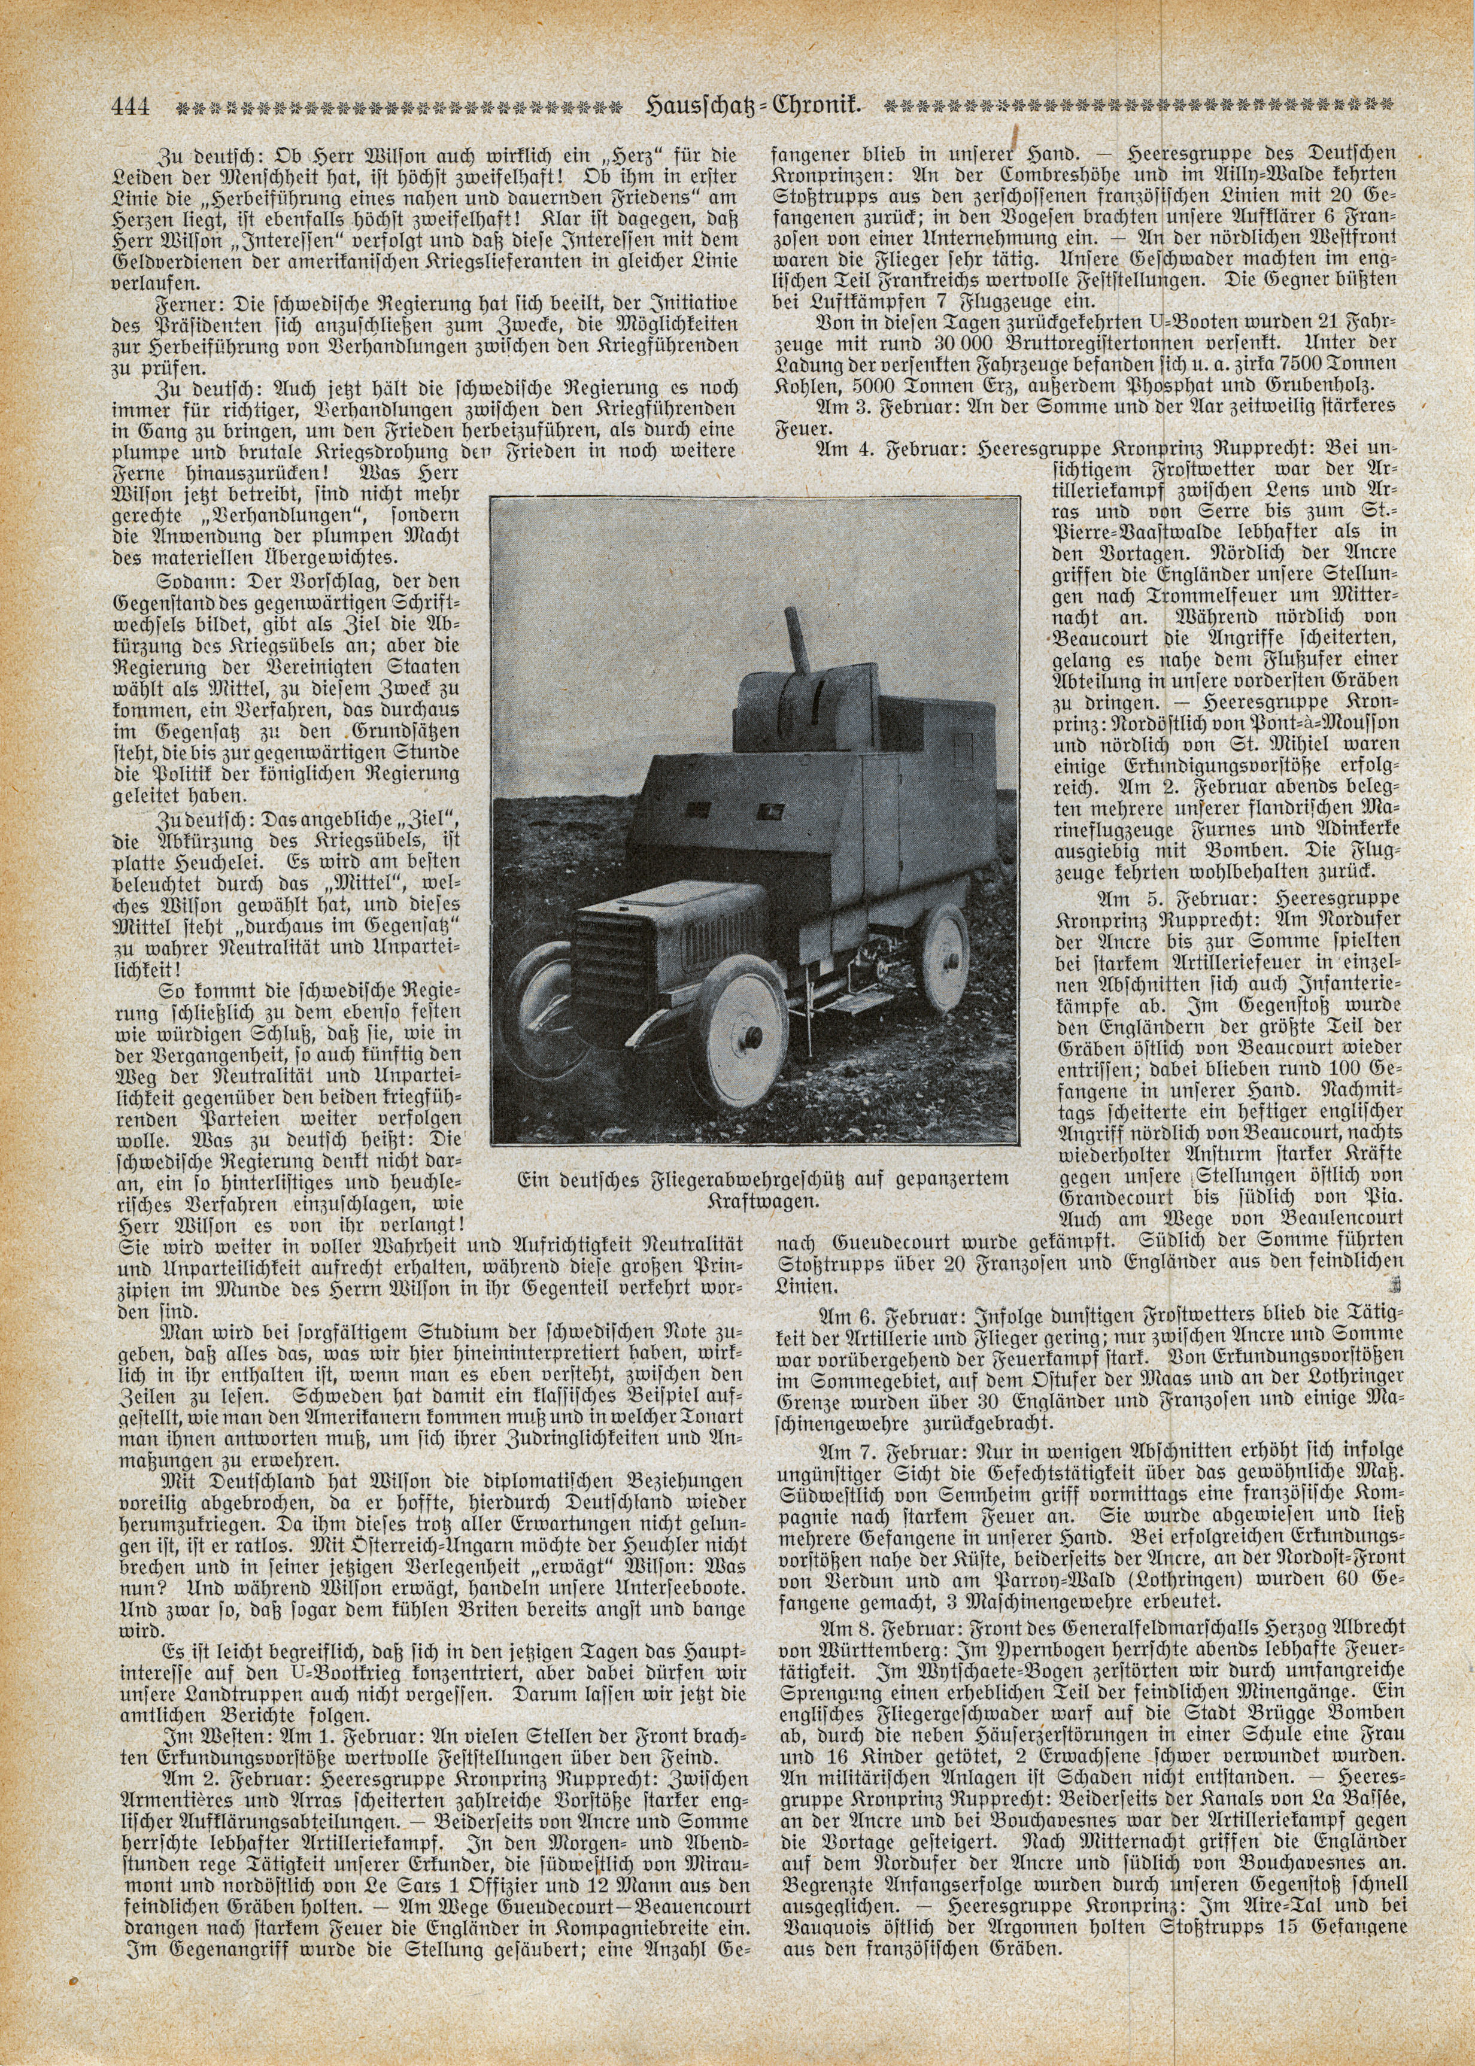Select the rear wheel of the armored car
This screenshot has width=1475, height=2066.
(946, 958)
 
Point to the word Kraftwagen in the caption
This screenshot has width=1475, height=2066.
(762, 1199)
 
